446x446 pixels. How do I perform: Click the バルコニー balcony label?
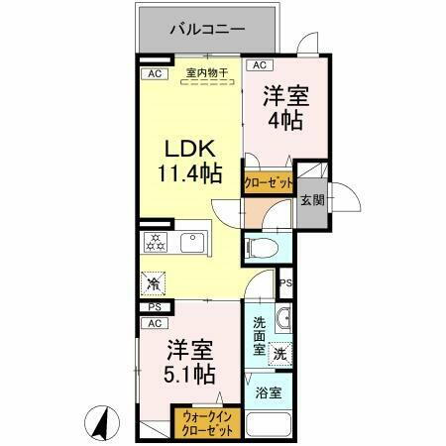point(206,29)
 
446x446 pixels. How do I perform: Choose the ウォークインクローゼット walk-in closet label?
point(207,424)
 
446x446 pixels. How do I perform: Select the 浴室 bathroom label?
point(269,392)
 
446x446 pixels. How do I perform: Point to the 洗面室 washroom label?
point(259,335)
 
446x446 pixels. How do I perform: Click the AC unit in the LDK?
point(155,73)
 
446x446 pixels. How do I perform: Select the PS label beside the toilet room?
point(285,283)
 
